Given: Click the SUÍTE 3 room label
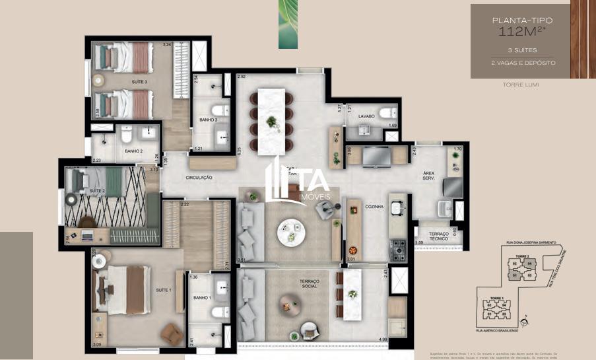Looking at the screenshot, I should tap(139, 81).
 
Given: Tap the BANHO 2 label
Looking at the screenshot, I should tap(133, 151).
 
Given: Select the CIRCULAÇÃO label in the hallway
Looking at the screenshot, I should tap(199, 177).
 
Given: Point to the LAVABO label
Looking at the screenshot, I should tap(367, 116).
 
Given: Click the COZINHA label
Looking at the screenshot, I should tap(375, 207).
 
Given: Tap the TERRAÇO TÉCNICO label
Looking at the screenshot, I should tap(439, 236).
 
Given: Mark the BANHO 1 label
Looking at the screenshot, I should tap(202, 298).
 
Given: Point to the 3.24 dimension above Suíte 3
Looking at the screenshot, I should tap(167, 45).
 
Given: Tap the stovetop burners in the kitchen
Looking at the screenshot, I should tap(399, 249).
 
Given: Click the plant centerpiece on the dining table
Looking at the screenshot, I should tap(271, 122).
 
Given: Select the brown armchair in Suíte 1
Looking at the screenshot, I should tap(172, 334).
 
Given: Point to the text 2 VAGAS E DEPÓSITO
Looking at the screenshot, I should tap(523, 63).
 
